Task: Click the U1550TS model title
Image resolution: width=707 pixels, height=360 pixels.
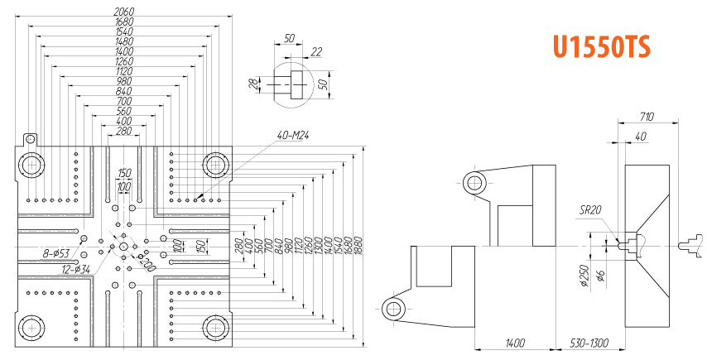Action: pyautogui.click(x=602, y=47)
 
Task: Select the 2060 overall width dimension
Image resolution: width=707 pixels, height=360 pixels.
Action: pyautogui.click(x=123, y=11)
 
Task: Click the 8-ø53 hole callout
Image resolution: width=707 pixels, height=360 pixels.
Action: pyautogui.click(x=56, y=253)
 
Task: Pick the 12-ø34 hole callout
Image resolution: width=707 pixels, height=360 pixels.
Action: pyautogui.click(x=76, y=269)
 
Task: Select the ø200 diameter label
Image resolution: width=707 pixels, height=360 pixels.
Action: pyautogui.click(x=147, y=262)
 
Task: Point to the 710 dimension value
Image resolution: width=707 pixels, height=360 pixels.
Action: pyautogui.click(x=646, y=118)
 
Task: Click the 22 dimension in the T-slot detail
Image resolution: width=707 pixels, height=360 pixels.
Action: pyautogui.click(x=316, y=52)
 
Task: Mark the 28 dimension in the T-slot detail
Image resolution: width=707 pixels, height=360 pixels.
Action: pyautogui.click(x=255, y=84)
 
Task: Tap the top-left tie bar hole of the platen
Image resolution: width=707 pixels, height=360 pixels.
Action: pyautogui.click(x=31, y=166)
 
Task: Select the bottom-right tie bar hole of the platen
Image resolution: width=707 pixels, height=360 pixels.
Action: pyautogui.click(x=215, y=328)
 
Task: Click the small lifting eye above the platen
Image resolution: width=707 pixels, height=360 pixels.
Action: pyautogui.click(x=30, y=139)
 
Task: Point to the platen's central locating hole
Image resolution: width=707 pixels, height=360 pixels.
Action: pyautogui.click(x=123, y=247)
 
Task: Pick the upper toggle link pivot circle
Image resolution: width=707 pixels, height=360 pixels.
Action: pyautogui.click(x=474, y=183)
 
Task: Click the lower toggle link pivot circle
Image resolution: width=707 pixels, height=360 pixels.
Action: pyautogui.click(x=393, y=309)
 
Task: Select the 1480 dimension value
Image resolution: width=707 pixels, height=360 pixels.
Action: pyautogui.click(x=123, y=41)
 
